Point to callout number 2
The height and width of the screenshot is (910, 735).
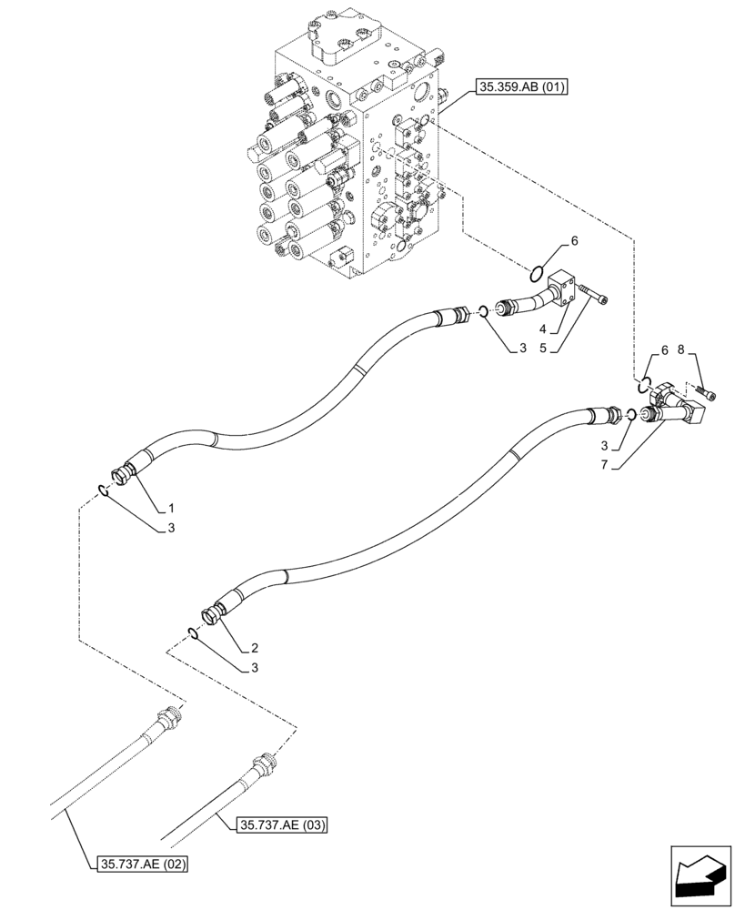256,649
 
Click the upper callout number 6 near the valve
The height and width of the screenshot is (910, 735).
573,241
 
